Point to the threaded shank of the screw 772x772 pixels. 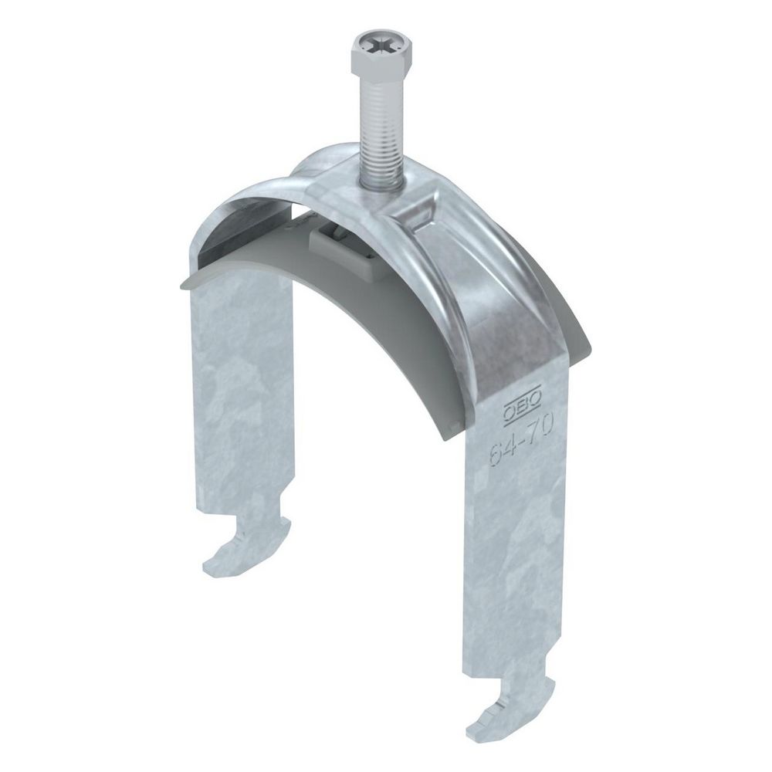pyautogui.click(x=381, y=134)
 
